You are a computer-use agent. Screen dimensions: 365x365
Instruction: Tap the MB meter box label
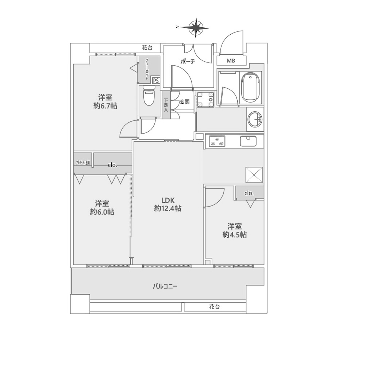(231, 61)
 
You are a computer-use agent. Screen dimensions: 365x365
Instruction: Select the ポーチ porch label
(188, 61)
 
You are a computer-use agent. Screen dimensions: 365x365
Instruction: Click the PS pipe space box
(156, 81)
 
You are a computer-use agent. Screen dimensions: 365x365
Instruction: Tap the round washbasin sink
(255, 120)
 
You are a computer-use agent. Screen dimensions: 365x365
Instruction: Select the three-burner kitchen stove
(217, 141)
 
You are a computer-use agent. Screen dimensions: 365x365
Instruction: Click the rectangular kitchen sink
(248, 141)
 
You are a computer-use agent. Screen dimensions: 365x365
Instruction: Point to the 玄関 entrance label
(184, 102)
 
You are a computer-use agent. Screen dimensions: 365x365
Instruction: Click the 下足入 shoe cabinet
(166, 105)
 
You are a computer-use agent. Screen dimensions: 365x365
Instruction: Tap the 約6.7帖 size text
(105, 106)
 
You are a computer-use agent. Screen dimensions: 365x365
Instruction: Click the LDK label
(168, 200)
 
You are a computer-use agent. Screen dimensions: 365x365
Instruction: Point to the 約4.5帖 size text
(234, 235)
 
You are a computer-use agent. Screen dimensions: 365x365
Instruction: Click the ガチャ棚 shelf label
(82, 163)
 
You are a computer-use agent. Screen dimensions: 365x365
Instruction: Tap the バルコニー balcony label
(165, 286)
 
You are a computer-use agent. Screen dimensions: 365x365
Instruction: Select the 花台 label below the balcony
(214, 307)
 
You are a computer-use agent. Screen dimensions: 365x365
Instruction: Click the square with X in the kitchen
(254, 175)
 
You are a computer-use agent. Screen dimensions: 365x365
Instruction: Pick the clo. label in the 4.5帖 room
(249, 193)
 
